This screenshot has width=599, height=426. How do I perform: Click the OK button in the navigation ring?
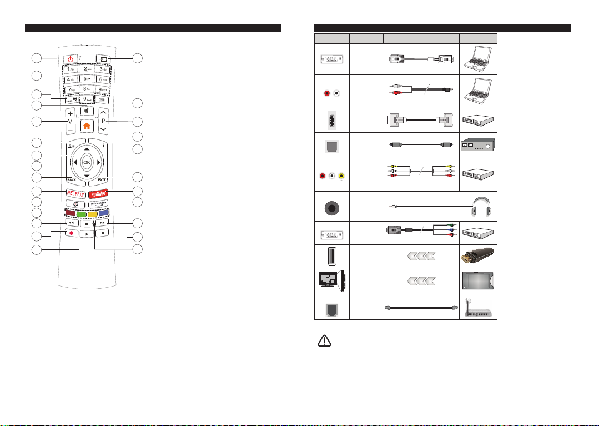(x=87, y=163)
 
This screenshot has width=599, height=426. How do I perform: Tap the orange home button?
(x=87, y=126)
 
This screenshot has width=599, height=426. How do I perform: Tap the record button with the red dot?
(x=71, y=233)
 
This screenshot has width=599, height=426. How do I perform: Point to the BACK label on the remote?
(x=71, y=181)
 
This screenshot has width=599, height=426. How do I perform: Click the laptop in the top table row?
(x=478, y=58)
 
